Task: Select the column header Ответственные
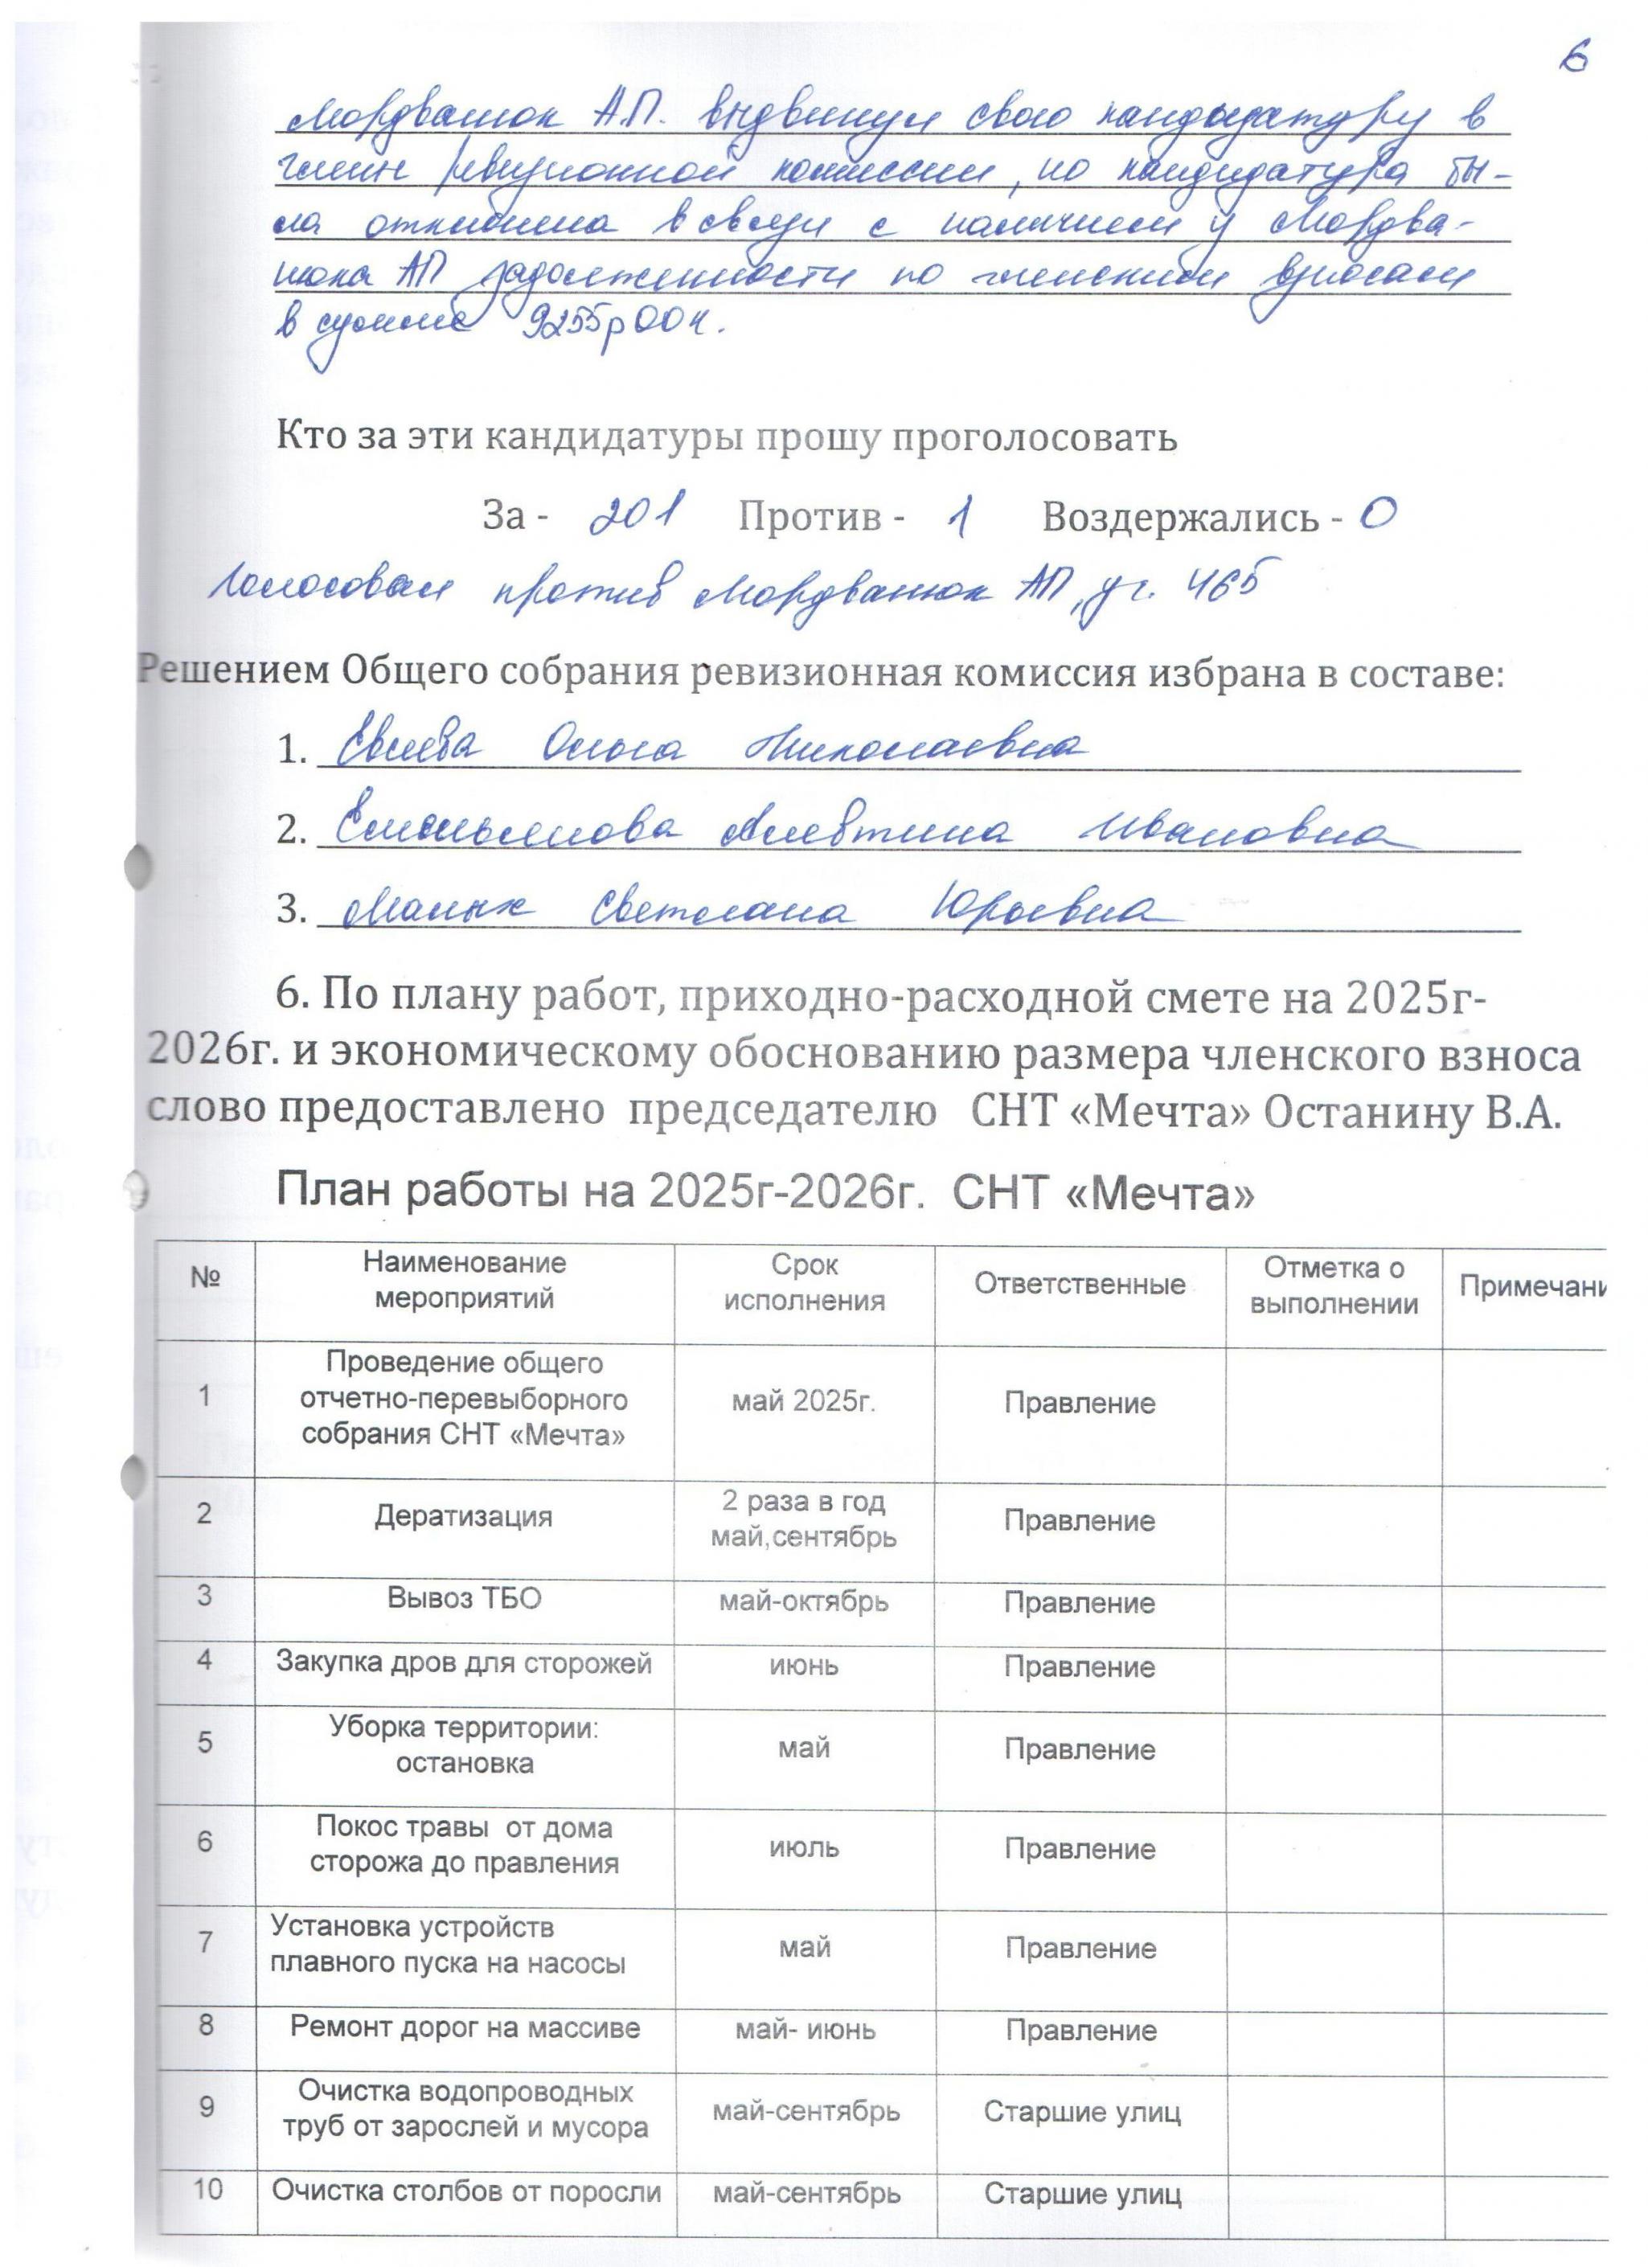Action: [x=1080, y=1285]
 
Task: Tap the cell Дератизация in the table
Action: [x=463, y=1516]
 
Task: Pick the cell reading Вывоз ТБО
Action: [x=464, y=1598]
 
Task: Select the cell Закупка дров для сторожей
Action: [x=464, y=1662]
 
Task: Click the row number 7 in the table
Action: [x=205, y=1942]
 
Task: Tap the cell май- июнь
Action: [x=805, y=2029]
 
